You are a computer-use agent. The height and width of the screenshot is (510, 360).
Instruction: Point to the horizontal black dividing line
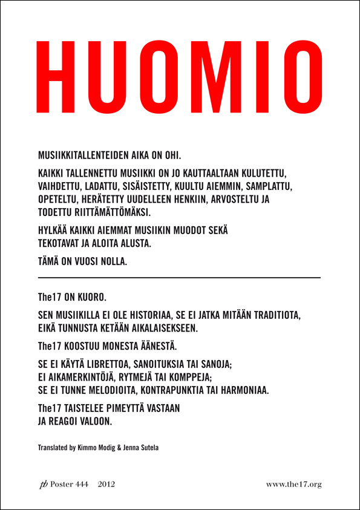pyautogui.click(x=179, y=277)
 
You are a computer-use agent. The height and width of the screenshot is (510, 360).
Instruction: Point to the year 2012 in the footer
pyautogui.click(x=106, y=484)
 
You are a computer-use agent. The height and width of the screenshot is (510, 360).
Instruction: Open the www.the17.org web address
pyautogui.click(x=293, y=484)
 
